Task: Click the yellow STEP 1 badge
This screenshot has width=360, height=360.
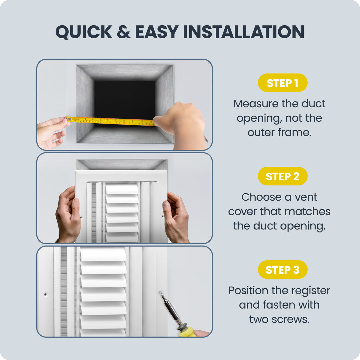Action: pyautogui.click(x=282, y=83)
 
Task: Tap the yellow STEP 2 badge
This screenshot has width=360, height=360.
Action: pyautogui.click(x=282, y=176)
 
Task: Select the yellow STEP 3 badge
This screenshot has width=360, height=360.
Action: pyautogui.click(x=282, y=270)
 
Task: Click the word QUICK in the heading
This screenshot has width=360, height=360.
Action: pyautogui.click(x=84, y=32)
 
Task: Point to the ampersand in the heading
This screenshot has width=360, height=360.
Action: pyautogui.click(x=124, y=32)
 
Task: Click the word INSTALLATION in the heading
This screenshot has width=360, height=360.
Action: pyautogui.click(x=244, y=32)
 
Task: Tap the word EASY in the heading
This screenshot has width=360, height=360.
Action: pyautogui.click(x=157, y=32)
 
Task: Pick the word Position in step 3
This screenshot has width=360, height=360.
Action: pyautogui.click(x=248, y=290)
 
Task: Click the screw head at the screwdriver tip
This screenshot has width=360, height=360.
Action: pyautogui.click(x=161, y=293)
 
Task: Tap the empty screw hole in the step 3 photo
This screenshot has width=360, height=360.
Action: pyautogui.click(x=45, y=294)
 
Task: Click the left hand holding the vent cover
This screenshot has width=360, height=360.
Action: pyautogui.click(x=68, y=215)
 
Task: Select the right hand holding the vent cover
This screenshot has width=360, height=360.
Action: pyautogui.click(x=176, y=217)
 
